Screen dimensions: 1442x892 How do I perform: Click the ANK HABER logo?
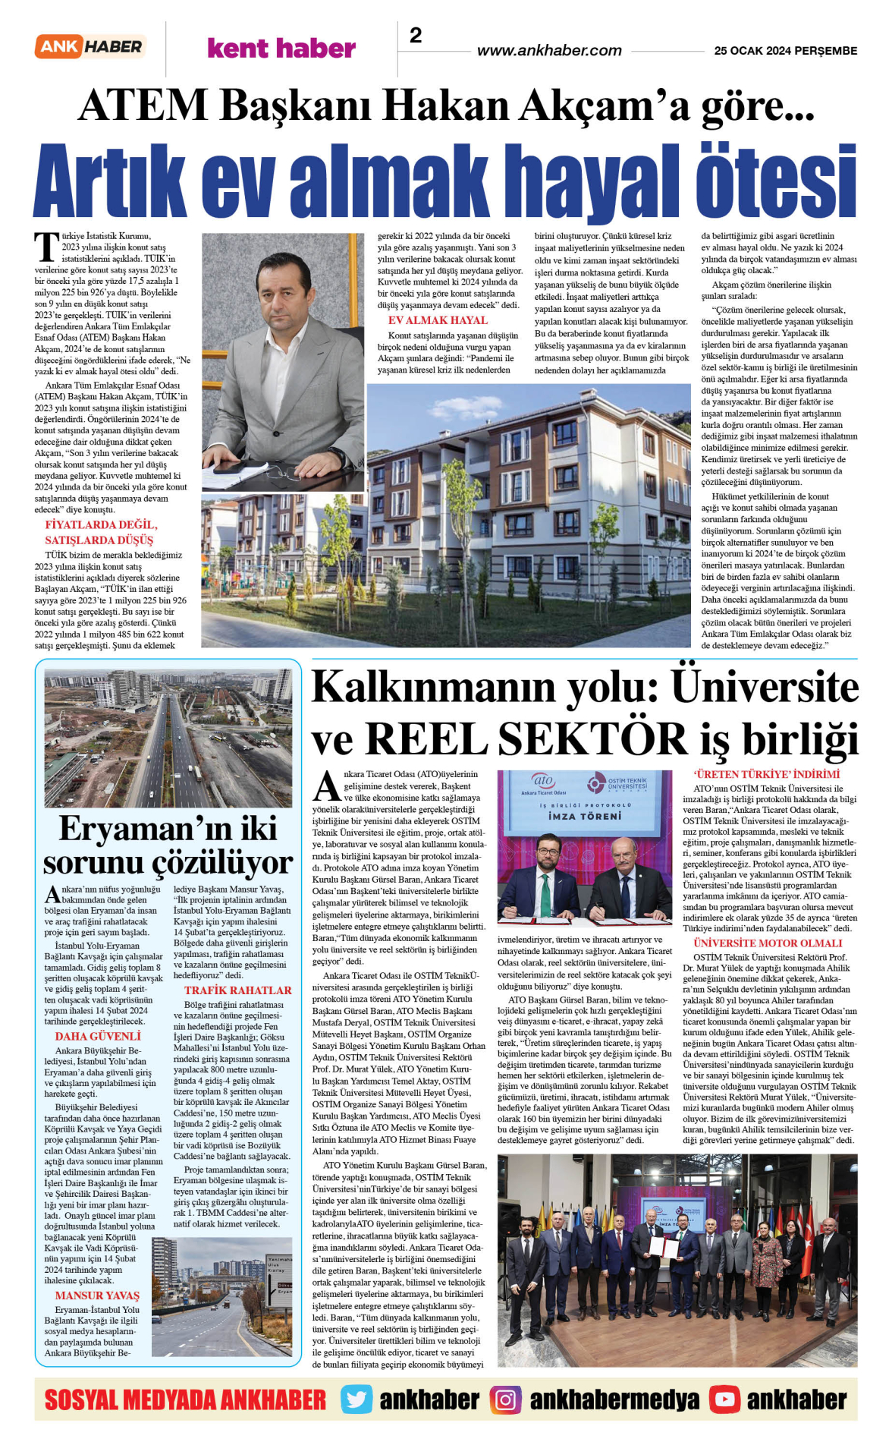pos(90,47)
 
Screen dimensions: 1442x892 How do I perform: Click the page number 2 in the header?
pos(416,35)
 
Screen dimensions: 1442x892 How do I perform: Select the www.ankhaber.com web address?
pos(549,51)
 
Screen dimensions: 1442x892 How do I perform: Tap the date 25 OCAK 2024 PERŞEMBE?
pos(785,51)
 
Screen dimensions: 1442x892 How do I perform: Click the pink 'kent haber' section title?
pos(281,49)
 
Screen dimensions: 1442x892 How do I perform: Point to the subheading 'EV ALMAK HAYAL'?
pos(438,320)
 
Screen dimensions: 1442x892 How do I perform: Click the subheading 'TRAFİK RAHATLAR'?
pos(237,990)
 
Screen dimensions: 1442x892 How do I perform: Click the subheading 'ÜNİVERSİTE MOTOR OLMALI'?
pos(768,943)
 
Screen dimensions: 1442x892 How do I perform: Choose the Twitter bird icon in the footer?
pos(356,1399)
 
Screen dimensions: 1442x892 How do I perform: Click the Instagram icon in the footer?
pos(505,1399)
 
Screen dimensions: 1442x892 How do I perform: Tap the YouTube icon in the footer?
pos(724,1399)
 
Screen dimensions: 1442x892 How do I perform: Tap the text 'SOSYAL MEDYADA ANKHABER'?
pos(185,1399)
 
